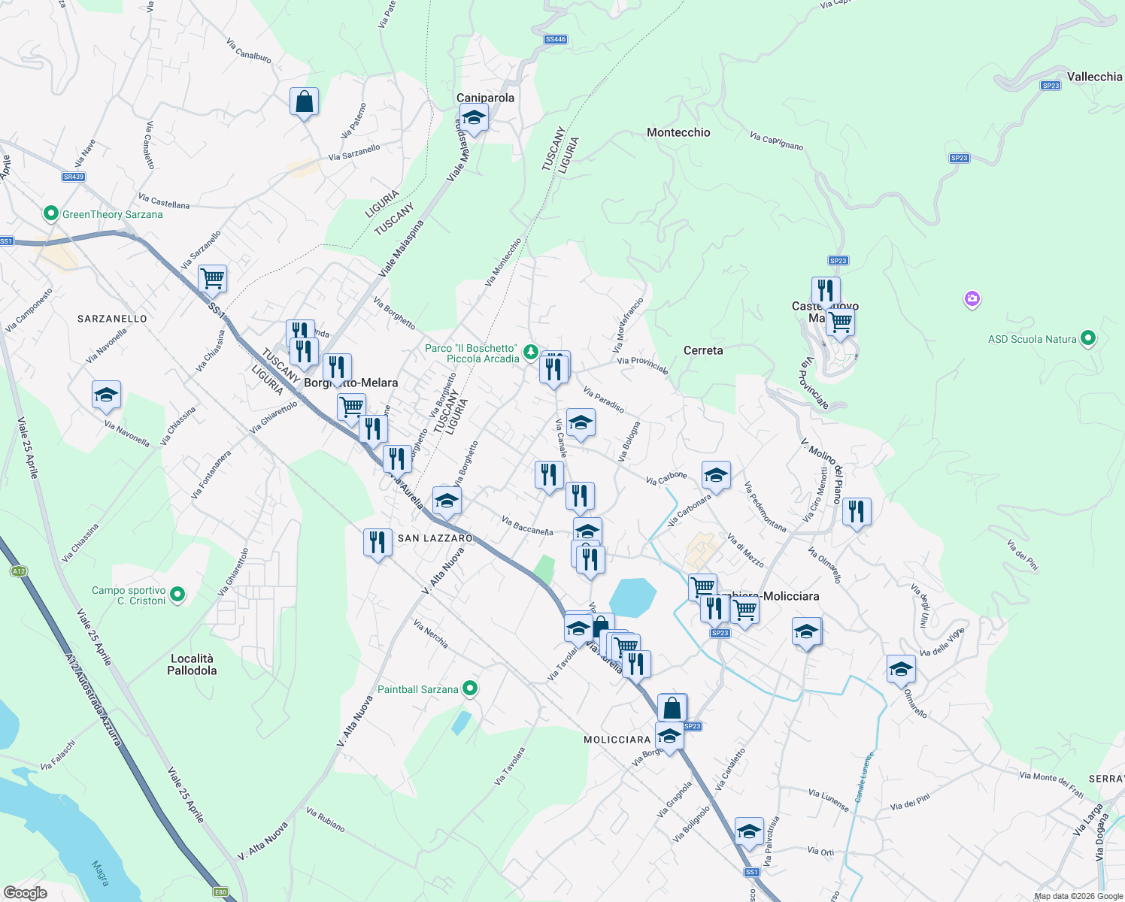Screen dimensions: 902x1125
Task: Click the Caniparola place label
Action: point(486,98)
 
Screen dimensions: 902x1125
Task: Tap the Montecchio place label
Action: point(678,132)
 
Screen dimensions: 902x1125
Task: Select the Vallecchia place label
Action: point(1094,77)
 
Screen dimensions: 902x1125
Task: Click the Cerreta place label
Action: point(703,350)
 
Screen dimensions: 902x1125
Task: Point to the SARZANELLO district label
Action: point(113,319)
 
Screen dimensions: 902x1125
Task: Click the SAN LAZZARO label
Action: point(435,538)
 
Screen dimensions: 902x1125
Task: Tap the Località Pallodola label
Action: point(192,664)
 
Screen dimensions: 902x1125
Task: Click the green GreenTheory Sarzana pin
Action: point(50,214)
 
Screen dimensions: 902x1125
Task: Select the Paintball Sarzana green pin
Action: point(470,689)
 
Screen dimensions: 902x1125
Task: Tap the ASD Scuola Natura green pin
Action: point(1087,339)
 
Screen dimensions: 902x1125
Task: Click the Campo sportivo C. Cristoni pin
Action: point(177,595)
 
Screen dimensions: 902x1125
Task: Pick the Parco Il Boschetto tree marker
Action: point(530,352)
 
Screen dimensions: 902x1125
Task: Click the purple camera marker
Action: point(972,300)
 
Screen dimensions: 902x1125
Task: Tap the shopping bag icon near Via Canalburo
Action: point(304,101)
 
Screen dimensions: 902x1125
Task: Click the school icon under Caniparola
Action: point(474,117)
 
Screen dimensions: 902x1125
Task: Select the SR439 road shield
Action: point(74,177)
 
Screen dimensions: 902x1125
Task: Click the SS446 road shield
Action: point(556,39)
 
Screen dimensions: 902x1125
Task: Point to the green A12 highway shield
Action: point(19,571)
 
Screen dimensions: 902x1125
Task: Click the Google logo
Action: point(25,892)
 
